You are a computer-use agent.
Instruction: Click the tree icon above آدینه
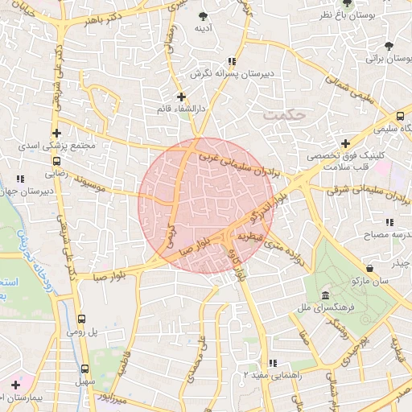(202, 16)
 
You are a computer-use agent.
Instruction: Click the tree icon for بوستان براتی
(390, 46)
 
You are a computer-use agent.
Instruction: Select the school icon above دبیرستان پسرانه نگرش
(232, 61)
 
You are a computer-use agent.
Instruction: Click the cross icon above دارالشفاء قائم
(181, 97)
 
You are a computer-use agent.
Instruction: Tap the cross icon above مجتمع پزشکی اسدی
(56, 134)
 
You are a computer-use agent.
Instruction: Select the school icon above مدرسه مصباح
(389, 222)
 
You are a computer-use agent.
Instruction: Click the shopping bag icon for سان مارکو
(369, 268)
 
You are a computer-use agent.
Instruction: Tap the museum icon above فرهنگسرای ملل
(323, 296)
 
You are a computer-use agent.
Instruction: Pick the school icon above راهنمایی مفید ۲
(272, 364)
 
